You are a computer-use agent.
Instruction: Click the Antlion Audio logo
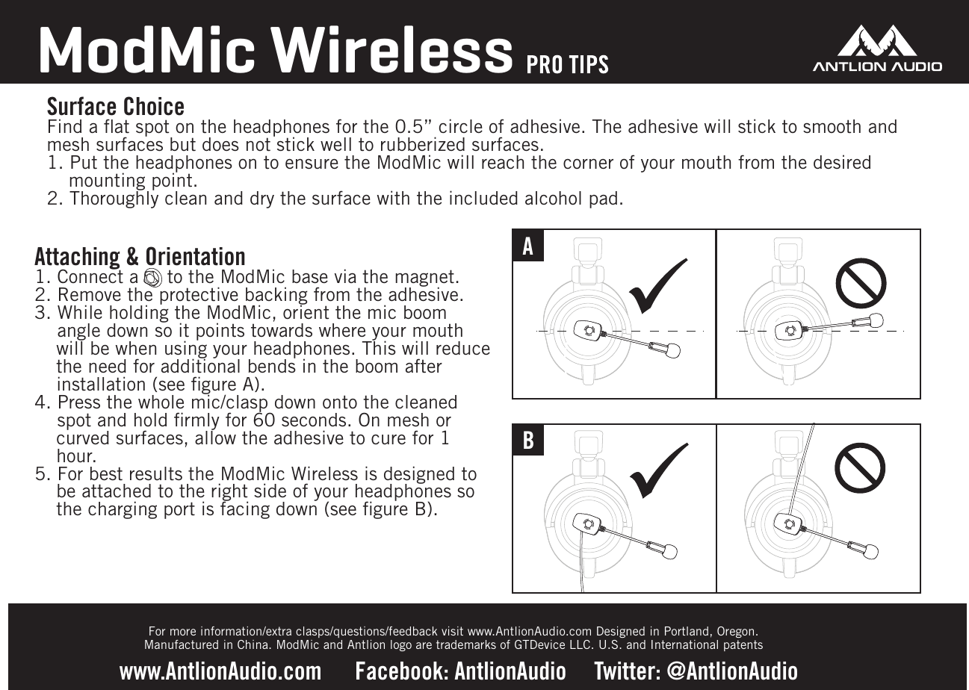tap(876, 49)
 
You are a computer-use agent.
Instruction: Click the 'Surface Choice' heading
tap(116, 105)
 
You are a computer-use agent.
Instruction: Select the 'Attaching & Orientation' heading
tap(140, 257)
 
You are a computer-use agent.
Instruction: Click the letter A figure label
tap(528, 246)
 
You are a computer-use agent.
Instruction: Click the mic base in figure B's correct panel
tap(588, 524)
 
